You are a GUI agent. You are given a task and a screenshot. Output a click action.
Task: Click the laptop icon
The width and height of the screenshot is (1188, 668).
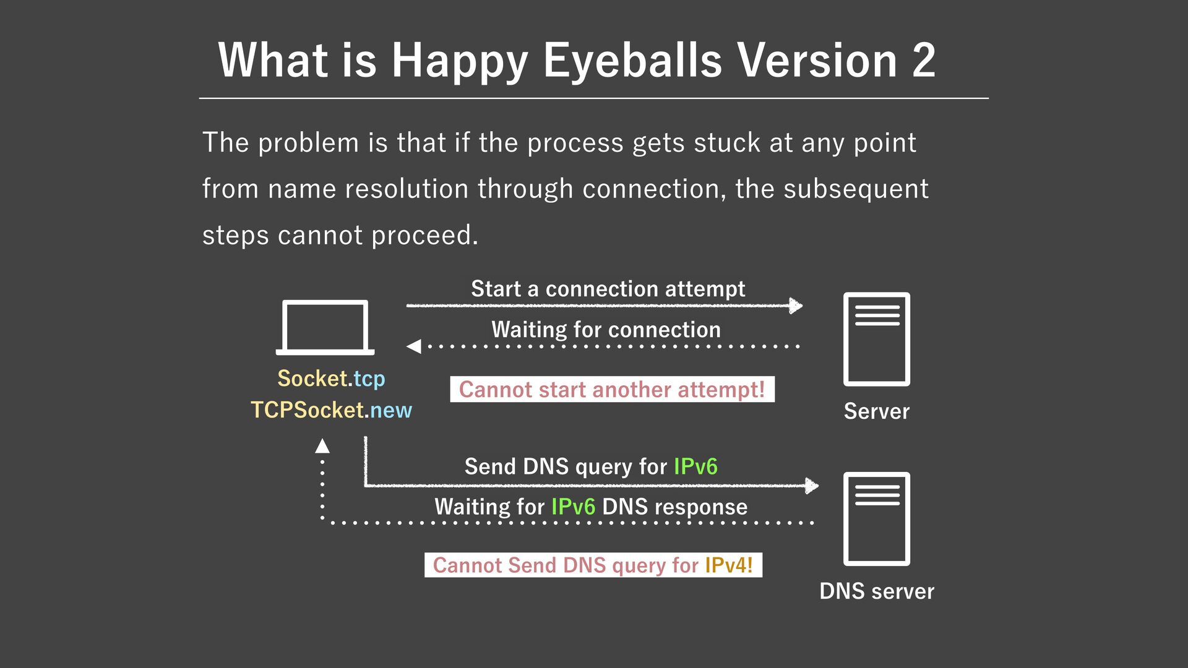pyautogui.click(x=325, y=327)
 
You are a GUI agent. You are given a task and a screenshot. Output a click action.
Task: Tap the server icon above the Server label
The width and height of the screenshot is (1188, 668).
pyautogui.click(x=876, y=339)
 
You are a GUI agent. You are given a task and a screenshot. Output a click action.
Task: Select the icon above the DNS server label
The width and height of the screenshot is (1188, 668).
pyautogui.click(x=876, y=519)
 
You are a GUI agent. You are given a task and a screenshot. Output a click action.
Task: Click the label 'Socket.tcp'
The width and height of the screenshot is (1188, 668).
pyautogui.click(x=331, y=379)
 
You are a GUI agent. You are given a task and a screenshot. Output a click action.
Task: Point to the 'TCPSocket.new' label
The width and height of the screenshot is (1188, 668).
pyautogui.click(x=331, y=410)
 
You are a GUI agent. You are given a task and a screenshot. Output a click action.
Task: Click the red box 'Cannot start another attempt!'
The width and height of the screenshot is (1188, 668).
pyautogui.click(x=612, y=390)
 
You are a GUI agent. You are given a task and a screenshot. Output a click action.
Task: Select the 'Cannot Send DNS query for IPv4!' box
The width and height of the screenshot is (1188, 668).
pyautogui.click(x=593, y=565)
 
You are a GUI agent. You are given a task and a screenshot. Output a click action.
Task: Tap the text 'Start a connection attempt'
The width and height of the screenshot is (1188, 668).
pyautogui.click(x=608, y=289)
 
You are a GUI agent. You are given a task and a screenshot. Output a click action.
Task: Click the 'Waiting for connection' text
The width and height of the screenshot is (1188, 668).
pyautogui.click(x=606, y=330)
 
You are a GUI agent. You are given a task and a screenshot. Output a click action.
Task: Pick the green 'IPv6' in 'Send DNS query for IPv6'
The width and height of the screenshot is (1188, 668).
pyautogui.click(x=695, y=466)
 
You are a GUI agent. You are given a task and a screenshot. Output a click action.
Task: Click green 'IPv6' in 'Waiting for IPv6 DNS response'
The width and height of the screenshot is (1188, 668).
pyautogui.click(x=573, y=507)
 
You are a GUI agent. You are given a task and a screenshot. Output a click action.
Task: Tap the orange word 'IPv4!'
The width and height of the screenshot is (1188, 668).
pyautogui.click(x=728, y=565)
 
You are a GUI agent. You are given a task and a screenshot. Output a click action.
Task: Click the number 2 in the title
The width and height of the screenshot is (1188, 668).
pyautogui.click(x=923, y=61)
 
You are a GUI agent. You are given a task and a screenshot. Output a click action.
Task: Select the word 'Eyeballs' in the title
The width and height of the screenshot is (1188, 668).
pyautogui.click(x=632, y=61)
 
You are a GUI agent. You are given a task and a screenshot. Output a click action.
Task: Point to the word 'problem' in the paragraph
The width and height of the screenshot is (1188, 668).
pyautogui.click(x=308, y=143)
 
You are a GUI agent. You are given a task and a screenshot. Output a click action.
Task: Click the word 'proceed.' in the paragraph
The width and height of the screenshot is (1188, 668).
pyautogui.click(x=424, y=236)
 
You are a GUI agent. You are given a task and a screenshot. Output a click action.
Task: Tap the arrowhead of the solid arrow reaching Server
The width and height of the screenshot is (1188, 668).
pyautogui.click(x=796, y=306)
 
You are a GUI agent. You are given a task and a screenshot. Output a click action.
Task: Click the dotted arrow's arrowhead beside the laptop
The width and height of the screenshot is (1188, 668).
pyautogui.click(x=413, y=346)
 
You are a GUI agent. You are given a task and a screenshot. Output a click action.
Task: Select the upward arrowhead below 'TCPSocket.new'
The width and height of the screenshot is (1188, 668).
pyautogui.click(x=322, y=446)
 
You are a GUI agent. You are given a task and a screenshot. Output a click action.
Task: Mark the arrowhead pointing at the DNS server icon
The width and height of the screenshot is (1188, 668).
pyautogui.click(x=812, y=486)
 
